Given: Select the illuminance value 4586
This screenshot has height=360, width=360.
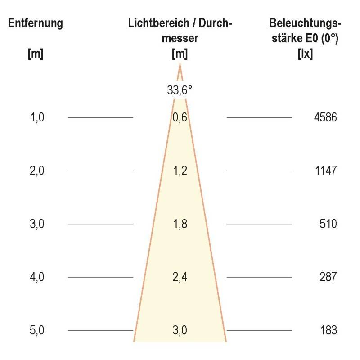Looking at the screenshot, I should pos(325,118).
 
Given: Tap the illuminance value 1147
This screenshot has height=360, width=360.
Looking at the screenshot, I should pos(325,171).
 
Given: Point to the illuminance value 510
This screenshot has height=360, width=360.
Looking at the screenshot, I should pos(328,224).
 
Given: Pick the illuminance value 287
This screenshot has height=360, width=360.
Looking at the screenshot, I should pos(328,277).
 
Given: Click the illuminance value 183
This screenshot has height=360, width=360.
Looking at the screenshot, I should pos(328,330).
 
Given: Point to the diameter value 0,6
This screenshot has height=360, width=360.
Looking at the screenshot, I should pos(180,118).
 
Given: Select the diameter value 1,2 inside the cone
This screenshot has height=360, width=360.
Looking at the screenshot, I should pos(180,171).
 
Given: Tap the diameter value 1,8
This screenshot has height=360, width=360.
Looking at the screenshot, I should pos(180,224).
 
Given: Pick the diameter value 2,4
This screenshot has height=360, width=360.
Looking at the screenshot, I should pos(180,277).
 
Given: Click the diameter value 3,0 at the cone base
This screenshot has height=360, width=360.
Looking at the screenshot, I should pos(180,330).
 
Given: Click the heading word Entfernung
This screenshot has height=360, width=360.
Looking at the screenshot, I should pos(35,23).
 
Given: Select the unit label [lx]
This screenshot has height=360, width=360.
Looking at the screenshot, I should pos(305,54).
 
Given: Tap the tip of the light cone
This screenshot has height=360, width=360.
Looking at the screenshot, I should pos(180,65).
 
